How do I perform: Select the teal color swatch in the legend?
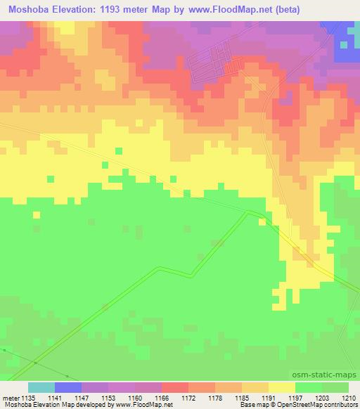coord(41,387)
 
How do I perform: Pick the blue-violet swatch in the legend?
coord(68,387)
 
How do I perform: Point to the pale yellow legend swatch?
coord(282,387)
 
